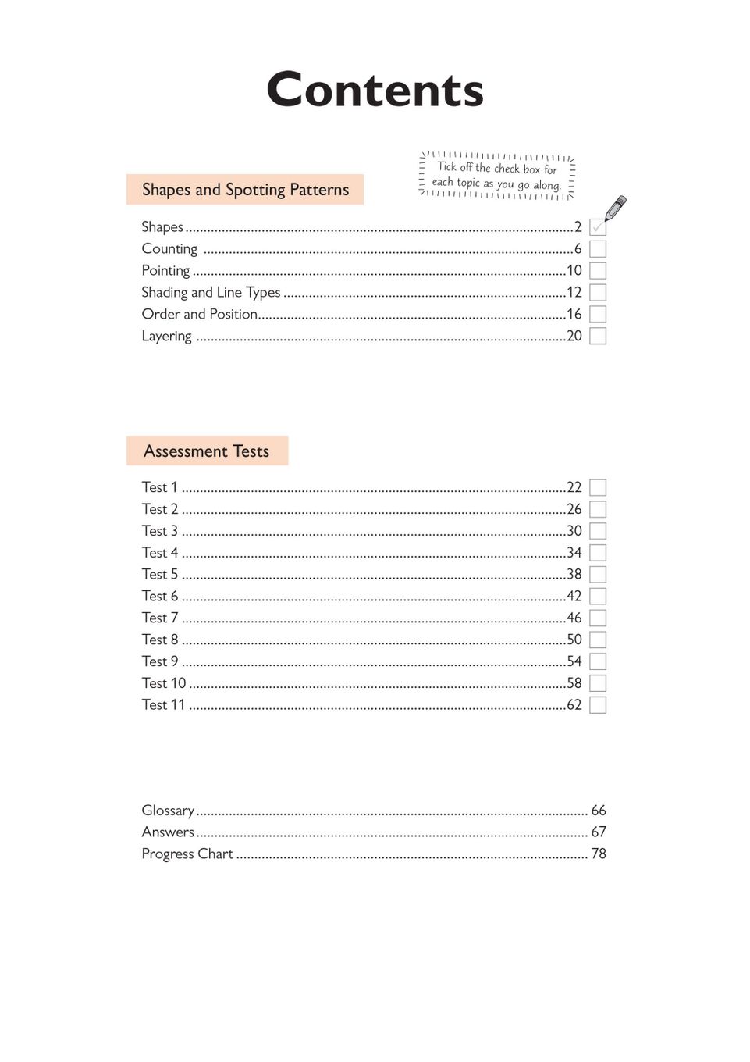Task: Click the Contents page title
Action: click(x=375, y=90)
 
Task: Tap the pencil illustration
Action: click(x=616, y=208)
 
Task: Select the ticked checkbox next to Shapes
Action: click(x=598, y=227)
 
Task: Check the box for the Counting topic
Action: click(x=598, y=249)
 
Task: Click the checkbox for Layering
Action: click(x=598, y=336)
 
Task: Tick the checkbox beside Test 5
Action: click(x=598, y=575)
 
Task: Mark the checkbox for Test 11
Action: click(x=598, y=705)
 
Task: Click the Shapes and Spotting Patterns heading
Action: click(x=245, y=190)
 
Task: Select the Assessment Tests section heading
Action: click(x=207, y=451)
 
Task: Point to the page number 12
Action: click(x=574, y=293)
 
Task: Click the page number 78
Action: click(x=599, y=854)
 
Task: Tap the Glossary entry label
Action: click(x=168, y=811)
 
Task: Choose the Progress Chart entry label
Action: click(x=187, y=854)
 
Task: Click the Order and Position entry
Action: click(x=199, y=314)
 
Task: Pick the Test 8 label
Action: click(x=160, y=640)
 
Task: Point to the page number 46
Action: click(x=574, y=618)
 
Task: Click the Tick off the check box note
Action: click(x=497, y=176)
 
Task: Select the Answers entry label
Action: click(x=168, y=832)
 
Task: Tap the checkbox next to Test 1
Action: click(x=598, y=488)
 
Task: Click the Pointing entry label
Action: click(x=165, y=271)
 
